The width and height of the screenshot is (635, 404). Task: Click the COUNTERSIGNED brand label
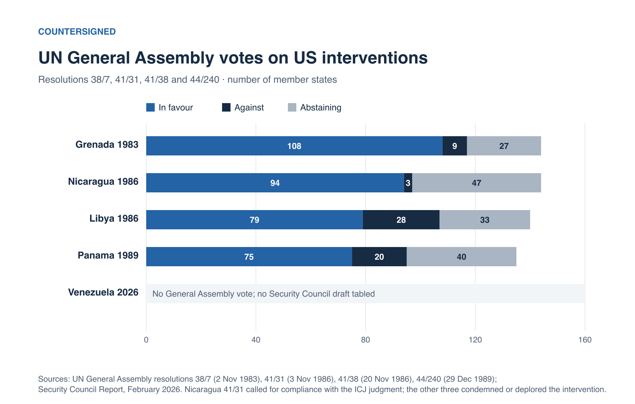pos(77,32)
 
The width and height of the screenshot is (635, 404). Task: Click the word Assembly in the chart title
pos(174,58)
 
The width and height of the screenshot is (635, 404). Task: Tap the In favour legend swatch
pos(150,107)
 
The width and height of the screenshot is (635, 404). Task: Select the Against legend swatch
pos(226,107)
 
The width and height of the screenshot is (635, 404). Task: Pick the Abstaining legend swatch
pos(292,107)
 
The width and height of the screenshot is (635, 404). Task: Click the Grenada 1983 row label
pos(107,145)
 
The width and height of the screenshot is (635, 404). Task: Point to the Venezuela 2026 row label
pos(103,292)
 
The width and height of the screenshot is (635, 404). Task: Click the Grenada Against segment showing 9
pos(455,146)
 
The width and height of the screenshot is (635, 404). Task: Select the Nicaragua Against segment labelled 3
pos(408,183)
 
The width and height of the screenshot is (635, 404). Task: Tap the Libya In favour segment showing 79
pos(254,220)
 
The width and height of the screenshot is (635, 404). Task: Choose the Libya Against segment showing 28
pos(401,220)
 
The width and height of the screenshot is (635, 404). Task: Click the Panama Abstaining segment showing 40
pos(461,257)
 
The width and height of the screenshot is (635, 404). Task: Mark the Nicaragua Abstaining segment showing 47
pos(476,183)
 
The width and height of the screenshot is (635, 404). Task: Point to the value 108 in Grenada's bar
pos(294,146)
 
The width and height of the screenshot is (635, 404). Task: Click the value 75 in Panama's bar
pos(249,257)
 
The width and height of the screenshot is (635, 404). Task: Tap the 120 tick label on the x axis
pos(475,340)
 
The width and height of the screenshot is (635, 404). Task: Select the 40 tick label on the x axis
pos(256,340)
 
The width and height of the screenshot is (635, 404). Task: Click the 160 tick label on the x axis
pos(585,340)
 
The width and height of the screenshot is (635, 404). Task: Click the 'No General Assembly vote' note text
pos(264,294)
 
